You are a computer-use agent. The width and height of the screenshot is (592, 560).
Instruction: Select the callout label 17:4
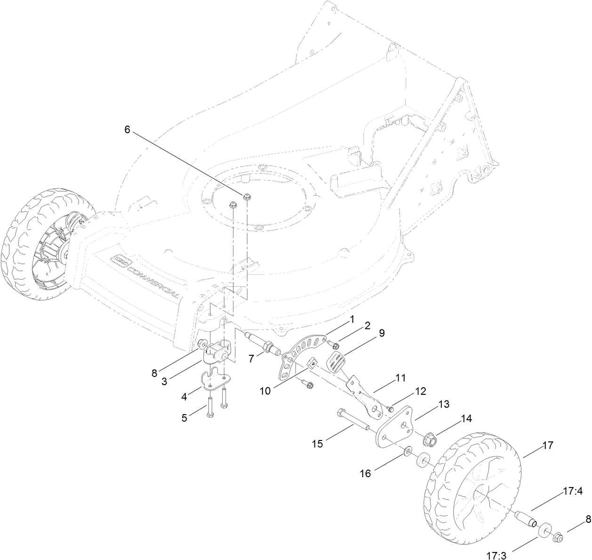pyautogui.click(x=572, y=492)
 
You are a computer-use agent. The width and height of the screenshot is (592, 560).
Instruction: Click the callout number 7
pyautogui.click(x=252, y=359)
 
